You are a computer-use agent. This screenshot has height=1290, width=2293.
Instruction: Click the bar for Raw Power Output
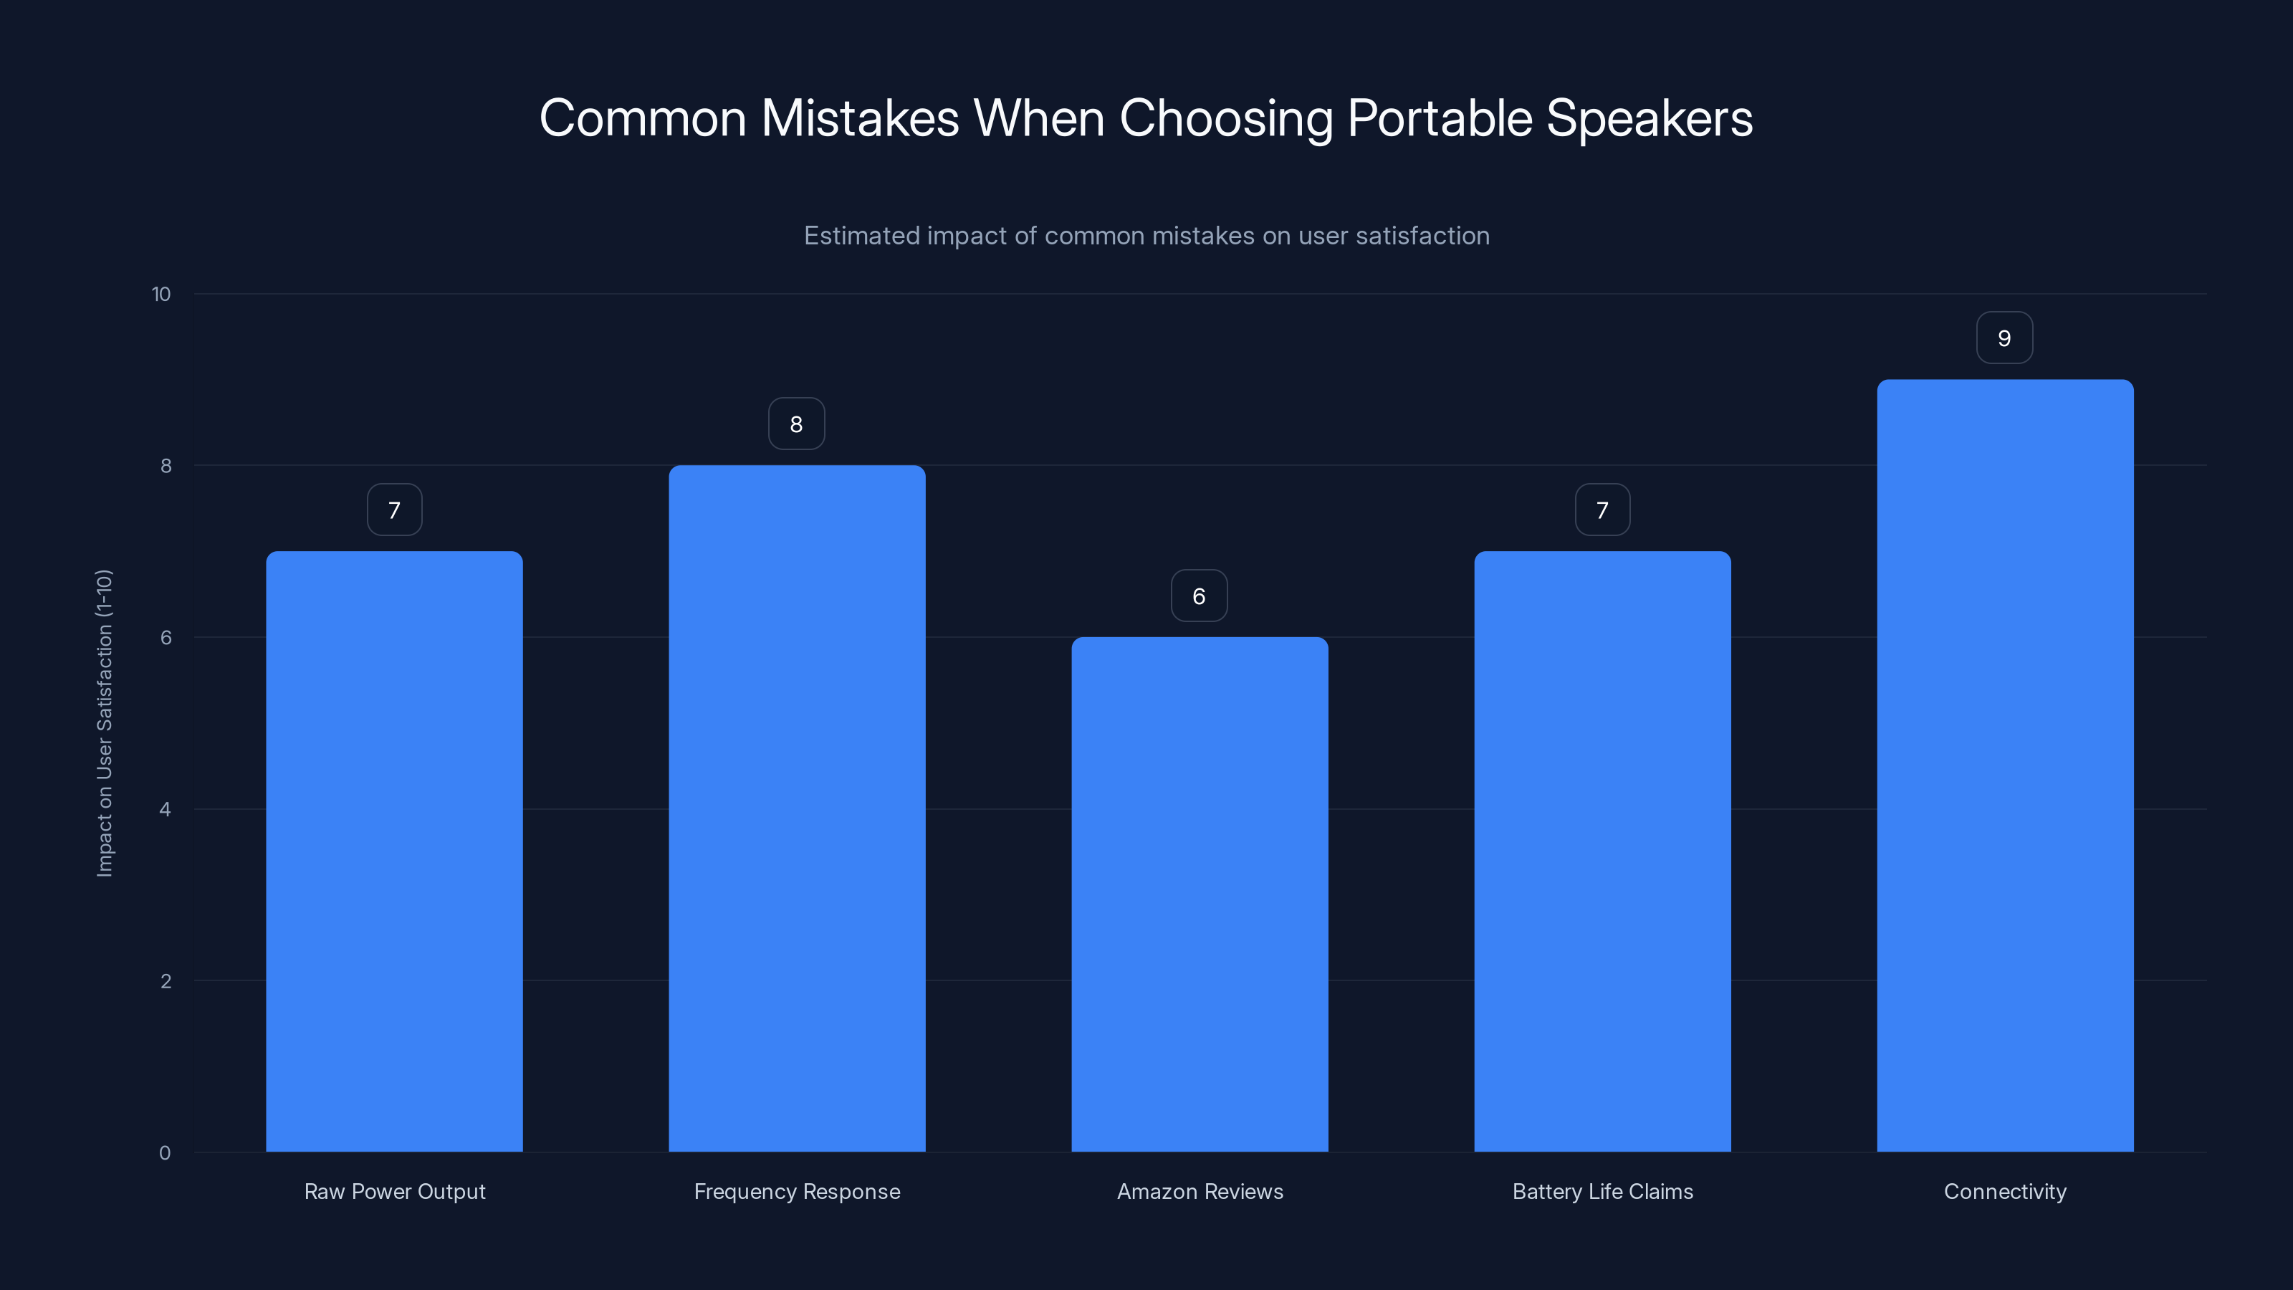click(394, 851)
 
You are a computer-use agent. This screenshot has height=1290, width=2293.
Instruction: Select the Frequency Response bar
click(797, 808)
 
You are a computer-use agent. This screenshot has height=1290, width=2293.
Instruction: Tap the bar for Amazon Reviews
click(1199, 894)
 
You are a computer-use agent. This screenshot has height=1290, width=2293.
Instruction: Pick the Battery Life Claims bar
click(1602, 851)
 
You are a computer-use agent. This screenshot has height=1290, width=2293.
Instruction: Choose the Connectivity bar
click(2005, 765)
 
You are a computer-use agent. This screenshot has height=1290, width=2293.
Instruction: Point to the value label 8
click(796, 424)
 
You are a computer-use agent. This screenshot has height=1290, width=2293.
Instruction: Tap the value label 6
click(1198, 596)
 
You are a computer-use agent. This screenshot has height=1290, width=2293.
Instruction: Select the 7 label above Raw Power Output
click(394, 510)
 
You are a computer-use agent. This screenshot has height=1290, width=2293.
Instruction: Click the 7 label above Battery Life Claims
click(1602, 510)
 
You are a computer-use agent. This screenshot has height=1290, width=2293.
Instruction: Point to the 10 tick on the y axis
click(161, 294)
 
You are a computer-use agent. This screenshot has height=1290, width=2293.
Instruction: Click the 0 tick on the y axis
click(165, 1153)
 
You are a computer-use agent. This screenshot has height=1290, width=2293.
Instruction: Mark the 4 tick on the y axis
click(165, 809)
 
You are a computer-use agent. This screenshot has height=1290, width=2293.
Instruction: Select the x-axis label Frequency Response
click(797, 1191)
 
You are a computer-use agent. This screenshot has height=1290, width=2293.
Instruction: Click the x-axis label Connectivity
click(2005, 1191)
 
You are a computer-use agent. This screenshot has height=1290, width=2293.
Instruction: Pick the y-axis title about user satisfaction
click(104, 723)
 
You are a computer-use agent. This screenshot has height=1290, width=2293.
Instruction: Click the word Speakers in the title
click(1649, 118)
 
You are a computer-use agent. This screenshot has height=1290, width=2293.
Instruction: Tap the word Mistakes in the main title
click(860, 118)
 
